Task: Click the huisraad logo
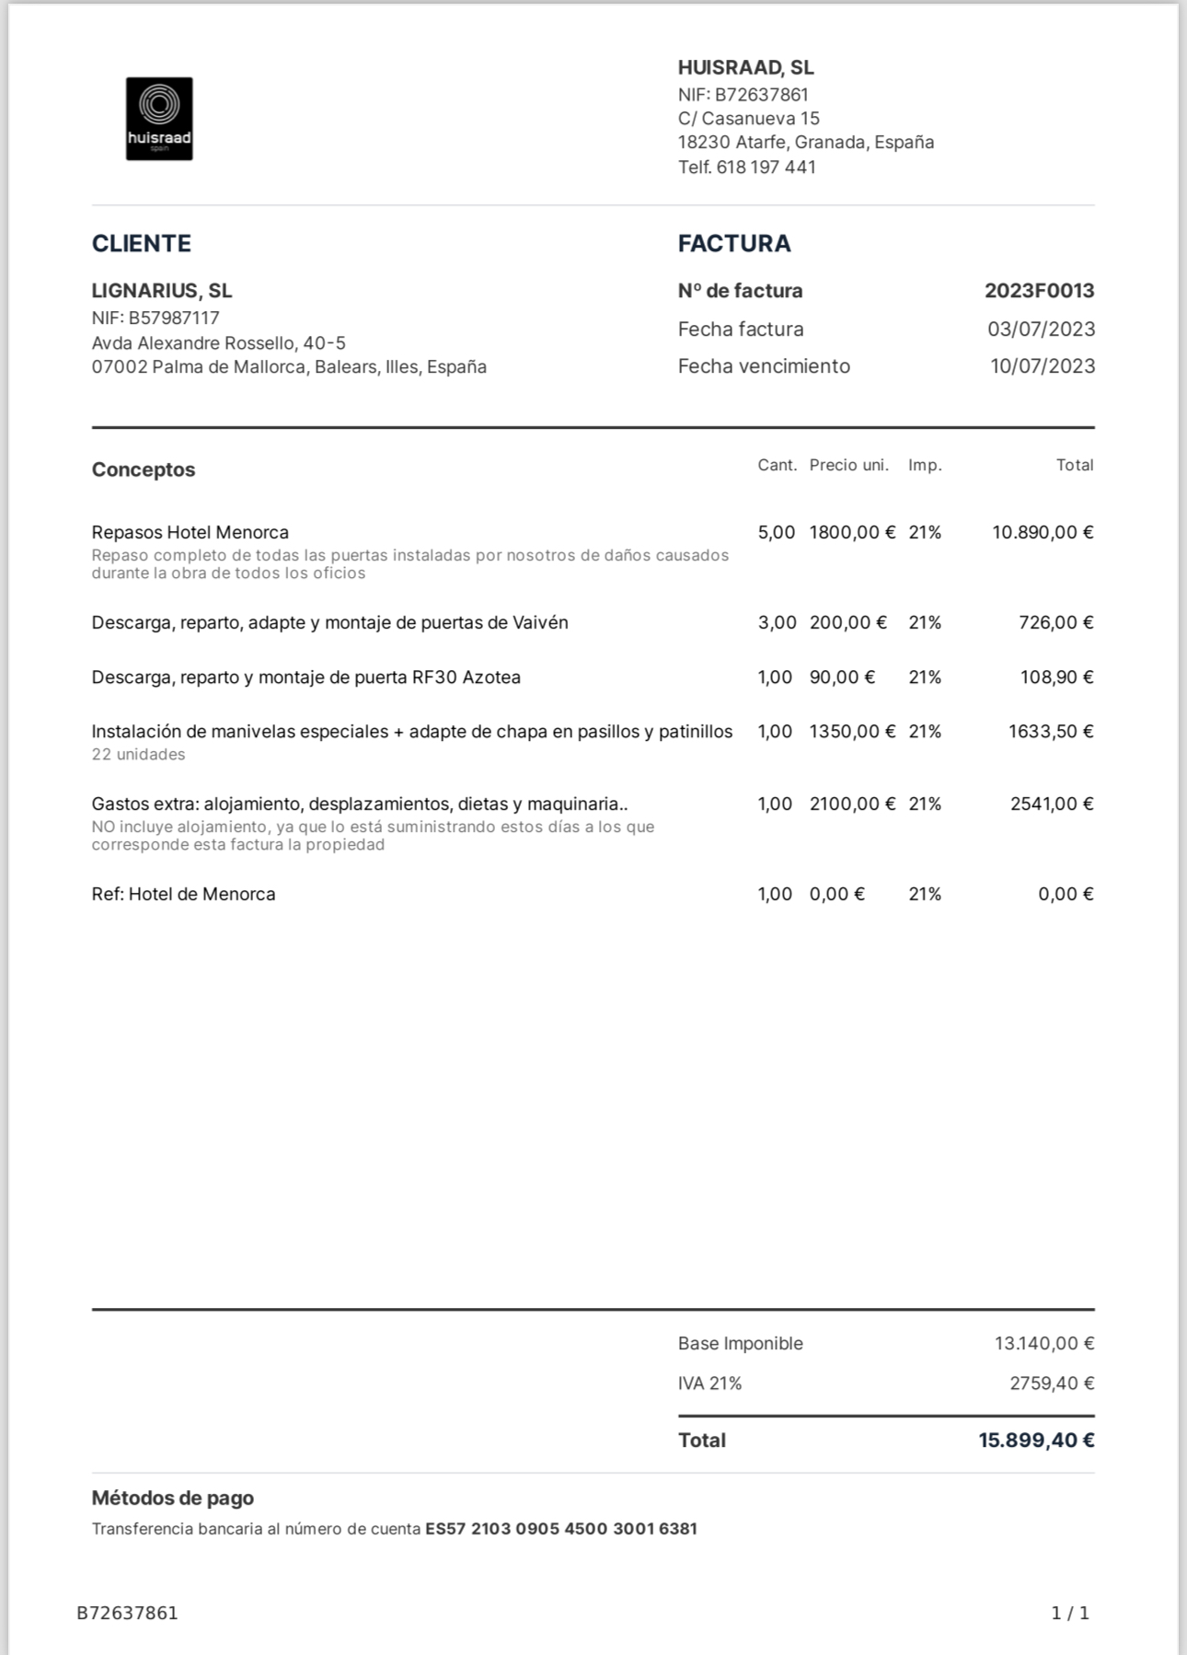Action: coord(159,119)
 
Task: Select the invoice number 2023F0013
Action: coord(1039,291)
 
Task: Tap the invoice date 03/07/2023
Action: coord(1041,330)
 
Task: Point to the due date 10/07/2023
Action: coord(1042,366)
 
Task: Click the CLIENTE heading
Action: coord(142,244)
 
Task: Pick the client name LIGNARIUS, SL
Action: coord(162,291)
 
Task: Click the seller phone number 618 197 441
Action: coord(766,168)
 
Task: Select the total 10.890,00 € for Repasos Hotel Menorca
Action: coord(1042,533)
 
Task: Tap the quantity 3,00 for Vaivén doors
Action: coord(777,623)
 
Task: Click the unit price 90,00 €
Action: coord(842,677)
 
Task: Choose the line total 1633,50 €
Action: coord(1050,732)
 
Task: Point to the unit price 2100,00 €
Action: coord(852,804)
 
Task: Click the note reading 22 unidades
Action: coord(138,755)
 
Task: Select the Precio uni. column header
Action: coord(848,466)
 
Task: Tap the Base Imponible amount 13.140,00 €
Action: coord(1043,1344)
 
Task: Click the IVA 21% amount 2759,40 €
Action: coord(1051,1383)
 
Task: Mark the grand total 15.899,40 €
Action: coord(1035,1441)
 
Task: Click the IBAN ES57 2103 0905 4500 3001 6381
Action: coord(560,1529)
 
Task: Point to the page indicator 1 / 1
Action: coord(1070,1614)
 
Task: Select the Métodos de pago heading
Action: coord(172,1499)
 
